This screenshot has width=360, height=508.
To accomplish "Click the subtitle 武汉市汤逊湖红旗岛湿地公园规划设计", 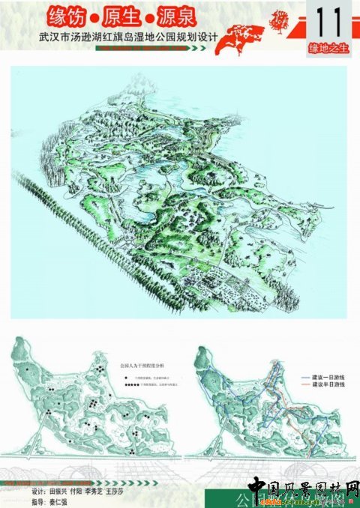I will click(120, 36).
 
